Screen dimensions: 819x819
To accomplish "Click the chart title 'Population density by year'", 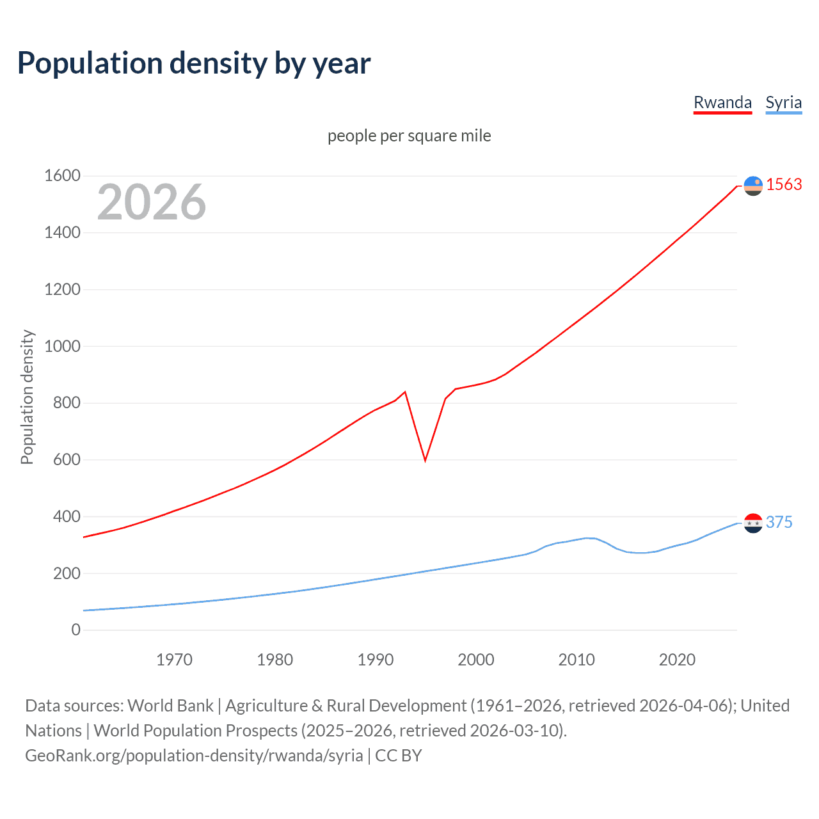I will tap(194, 63).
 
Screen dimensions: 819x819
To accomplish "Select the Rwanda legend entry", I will tap(722, 102).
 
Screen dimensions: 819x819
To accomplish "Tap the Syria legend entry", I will tap(783, 102).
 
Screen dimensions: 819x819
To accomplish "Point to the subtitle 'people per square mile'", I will tap(409, 136).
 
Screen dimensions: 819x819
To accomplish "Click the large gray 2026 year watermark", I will tap(152, 202).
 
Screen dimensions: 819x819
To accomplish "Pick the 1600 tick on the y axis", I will tap(62, 175).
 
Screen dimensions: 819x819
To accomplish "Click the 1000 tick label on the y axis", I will tap(62, 346).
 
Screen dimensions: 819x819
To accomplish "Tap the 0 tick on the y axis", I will tap(76, 630).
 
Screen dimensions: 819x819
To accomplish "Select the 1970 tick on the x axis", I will tap(174, 659).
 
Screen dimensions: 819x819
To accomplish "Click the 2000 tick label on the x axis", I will tap(475, 659).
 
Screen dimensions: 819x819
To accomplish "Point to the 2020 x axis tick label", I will tap(677, 659).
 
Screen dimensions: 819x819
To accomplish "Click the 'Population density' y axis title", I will tap(27, 397).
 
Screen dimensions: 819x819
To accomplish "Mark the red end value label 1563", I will tap(784, 184).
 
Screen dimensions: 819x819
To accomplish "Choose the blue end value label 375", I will tap(779, 522).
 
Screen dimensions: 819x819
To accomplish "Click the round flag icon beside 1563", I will tap(753, 186).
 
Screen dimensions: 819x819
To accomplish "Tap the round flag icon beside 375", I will tap(753, 523).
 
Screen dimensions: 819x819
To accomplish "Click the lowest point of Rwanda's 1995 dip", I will tap(425, 460).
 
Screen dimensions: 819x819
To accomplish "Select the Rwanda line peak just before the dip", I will tap(405, 392).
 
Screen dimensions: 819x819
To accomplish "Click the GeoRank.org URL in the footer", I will tap(194, 755).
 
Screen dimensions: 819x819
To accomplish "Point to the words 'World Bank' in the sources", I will tap(170, 705).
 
